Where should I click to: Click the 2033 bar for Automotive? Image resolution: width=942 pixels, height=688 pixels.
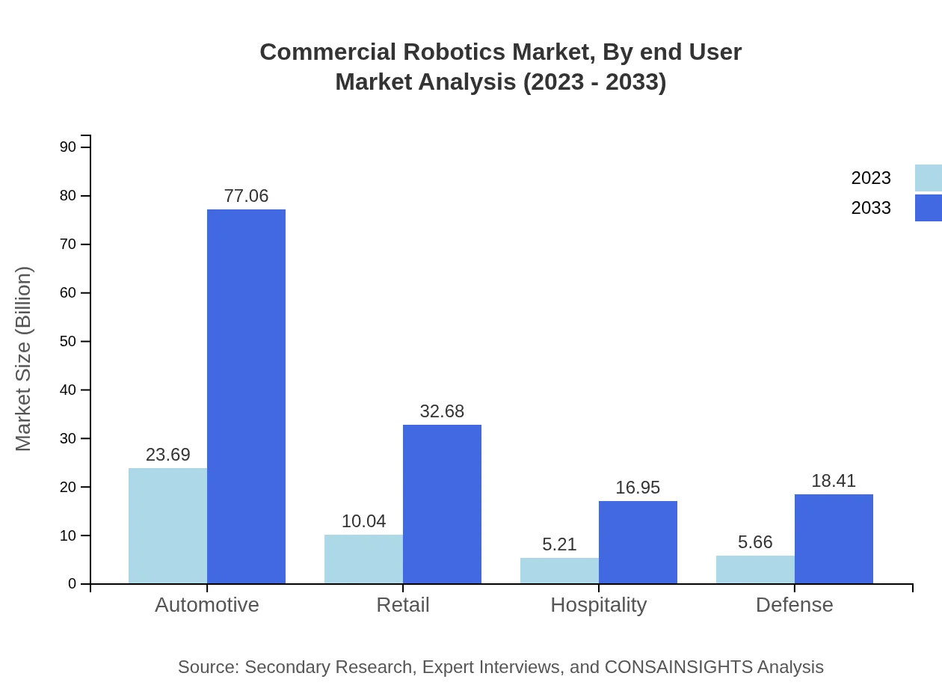click(246, 396)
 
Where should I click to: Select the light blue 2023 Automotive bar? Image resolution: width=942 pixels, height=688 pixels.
click(167, 526)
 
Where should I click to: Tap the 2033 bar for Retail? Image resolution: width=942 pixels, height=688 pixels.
click(442, 504)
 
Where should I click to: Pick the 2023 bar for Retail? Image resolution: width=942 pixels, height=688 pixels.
click(363, 559)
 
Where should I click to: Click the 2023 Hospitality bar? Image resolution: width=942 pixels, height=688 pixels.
click(559, 571)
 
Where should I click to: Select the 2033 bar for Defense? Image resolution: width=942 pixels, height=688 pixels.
click(834, 538)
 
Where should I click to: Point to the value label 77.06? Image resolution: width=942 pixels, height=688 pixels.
click(246, 196)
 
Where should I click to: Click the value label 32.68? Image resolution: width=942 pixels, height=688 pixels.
click(442, 411)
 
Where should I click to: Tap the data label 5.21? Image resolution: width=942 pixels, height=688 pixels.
click(559, 544)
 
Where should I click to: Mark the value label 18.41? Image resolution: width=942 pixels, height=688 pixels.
click(834, 481)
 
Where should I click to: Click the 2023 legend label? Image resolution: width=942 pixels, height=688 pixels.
click(871, 178)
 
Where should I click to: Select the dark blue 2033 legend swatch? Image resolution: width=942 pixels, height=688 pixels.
click(928, 208)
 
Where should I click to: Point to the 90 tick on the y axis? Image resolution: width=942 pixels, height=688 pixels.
click(68, 147)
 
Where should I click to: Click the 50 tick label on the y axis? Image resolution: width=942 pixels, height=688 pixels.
click(68, 342)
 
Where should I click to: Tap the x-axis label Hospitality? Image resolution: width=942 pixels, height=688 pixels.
click(598, 605)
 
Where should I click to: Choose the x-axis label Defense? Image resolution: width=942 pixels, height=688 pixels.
click(794, 605)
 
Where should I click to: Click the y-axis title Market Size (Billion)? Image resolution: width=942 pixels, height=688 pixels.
click(23, 359)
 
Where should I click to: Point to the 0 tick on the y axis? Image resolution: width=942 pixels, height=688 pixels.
click(73, 584)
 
